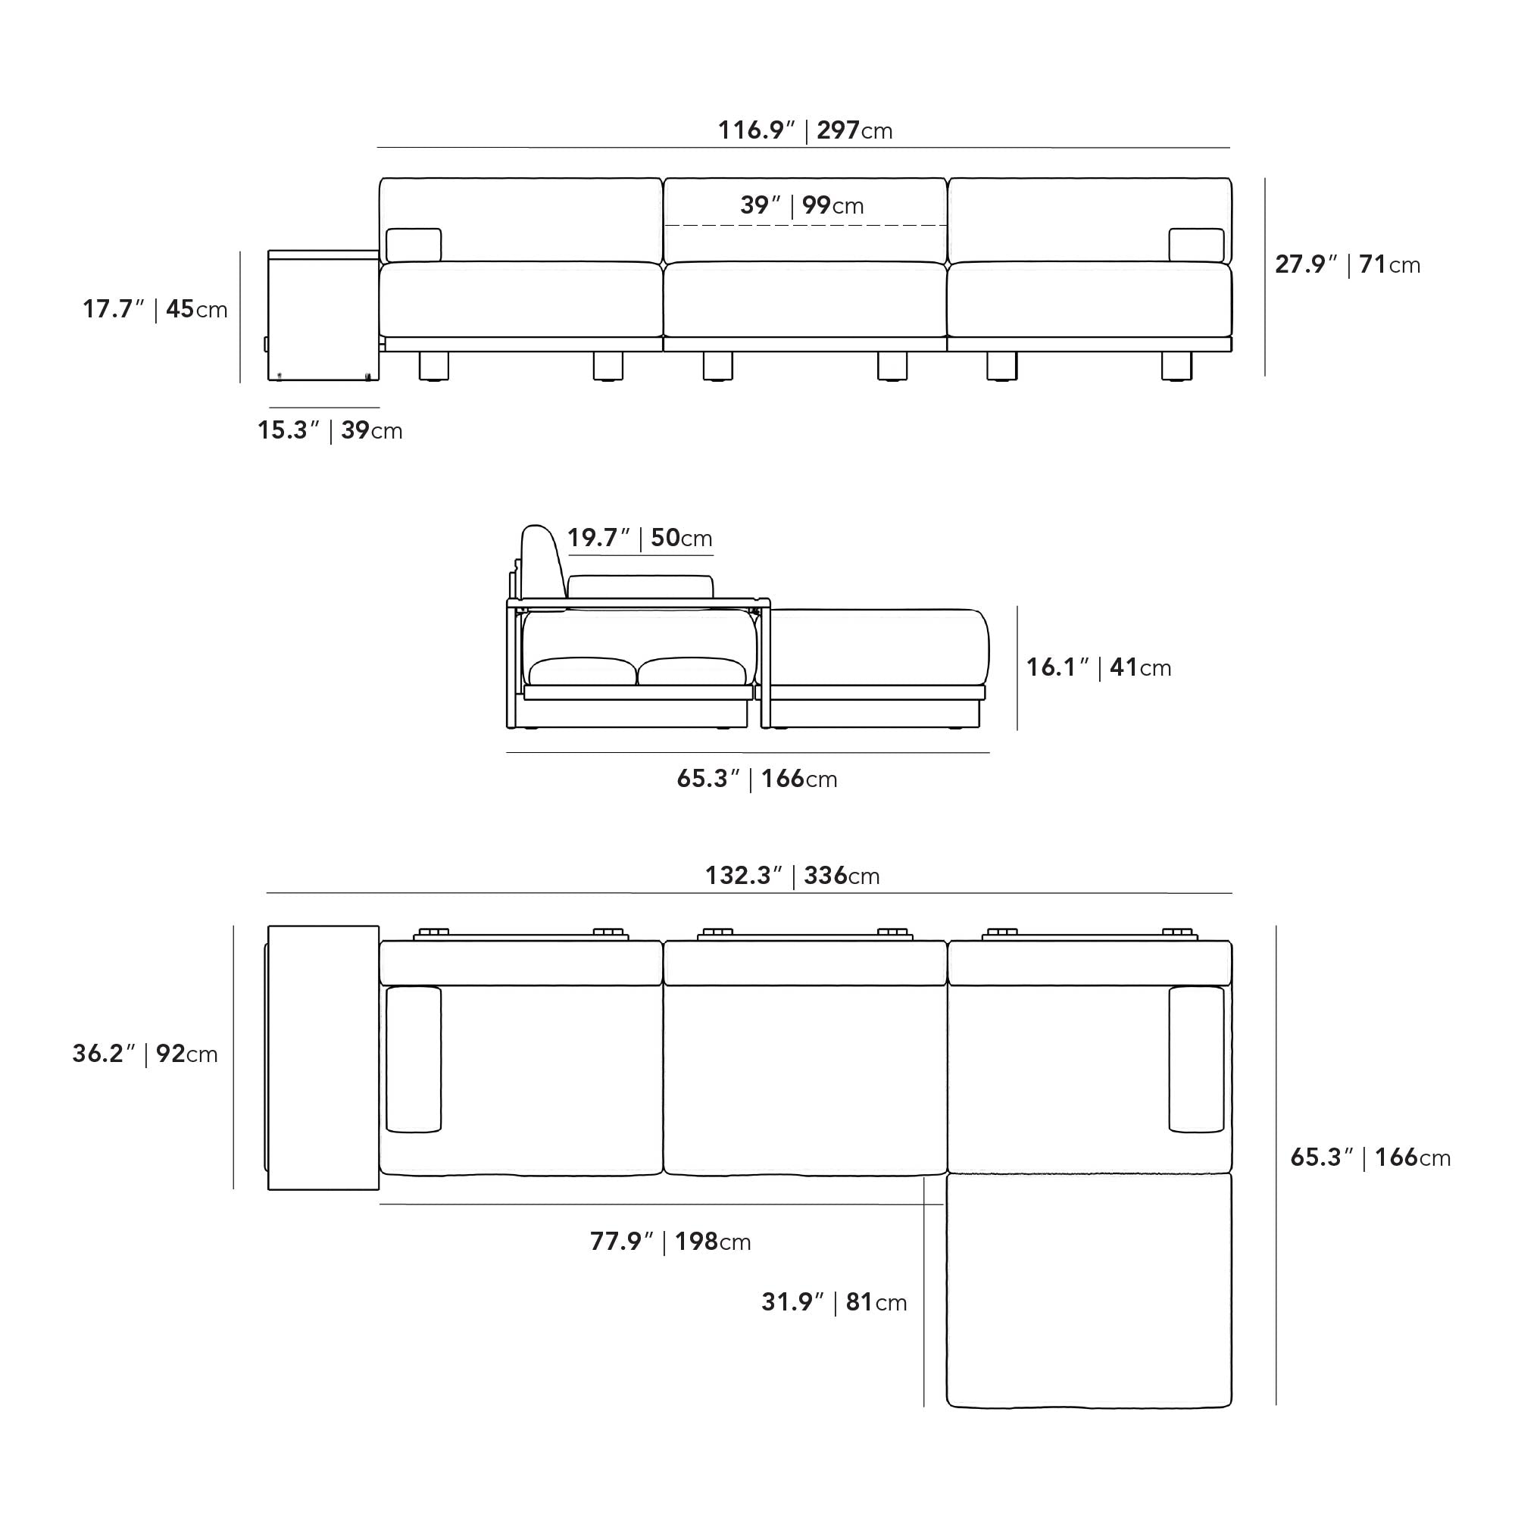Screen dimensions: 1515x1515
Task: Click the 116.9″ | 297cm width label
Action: [805, 130]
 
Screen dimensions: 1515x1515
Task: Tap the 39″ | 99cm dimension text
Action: [801, 205]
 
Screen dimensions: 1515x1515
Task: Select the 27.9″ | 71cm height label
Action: [1347, 264]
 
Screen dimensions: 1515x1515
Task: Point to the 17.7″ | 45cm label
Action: [155, 309]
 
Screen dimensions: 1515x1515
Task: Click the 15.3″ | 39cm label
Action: [330, 430]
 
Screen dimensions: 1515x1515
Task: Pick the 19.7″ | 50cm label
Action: [640, 538]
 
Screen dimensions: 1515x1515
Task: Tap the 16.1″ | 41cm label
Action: [1098, 667]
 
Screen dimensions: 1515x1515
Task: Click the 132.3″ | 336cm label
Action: [792, 875]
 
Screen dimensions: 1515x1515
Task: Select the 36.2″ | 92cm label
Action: [145, 1053]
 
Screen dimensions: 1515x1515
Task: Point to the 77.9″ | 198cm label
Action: [670, 1242]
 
